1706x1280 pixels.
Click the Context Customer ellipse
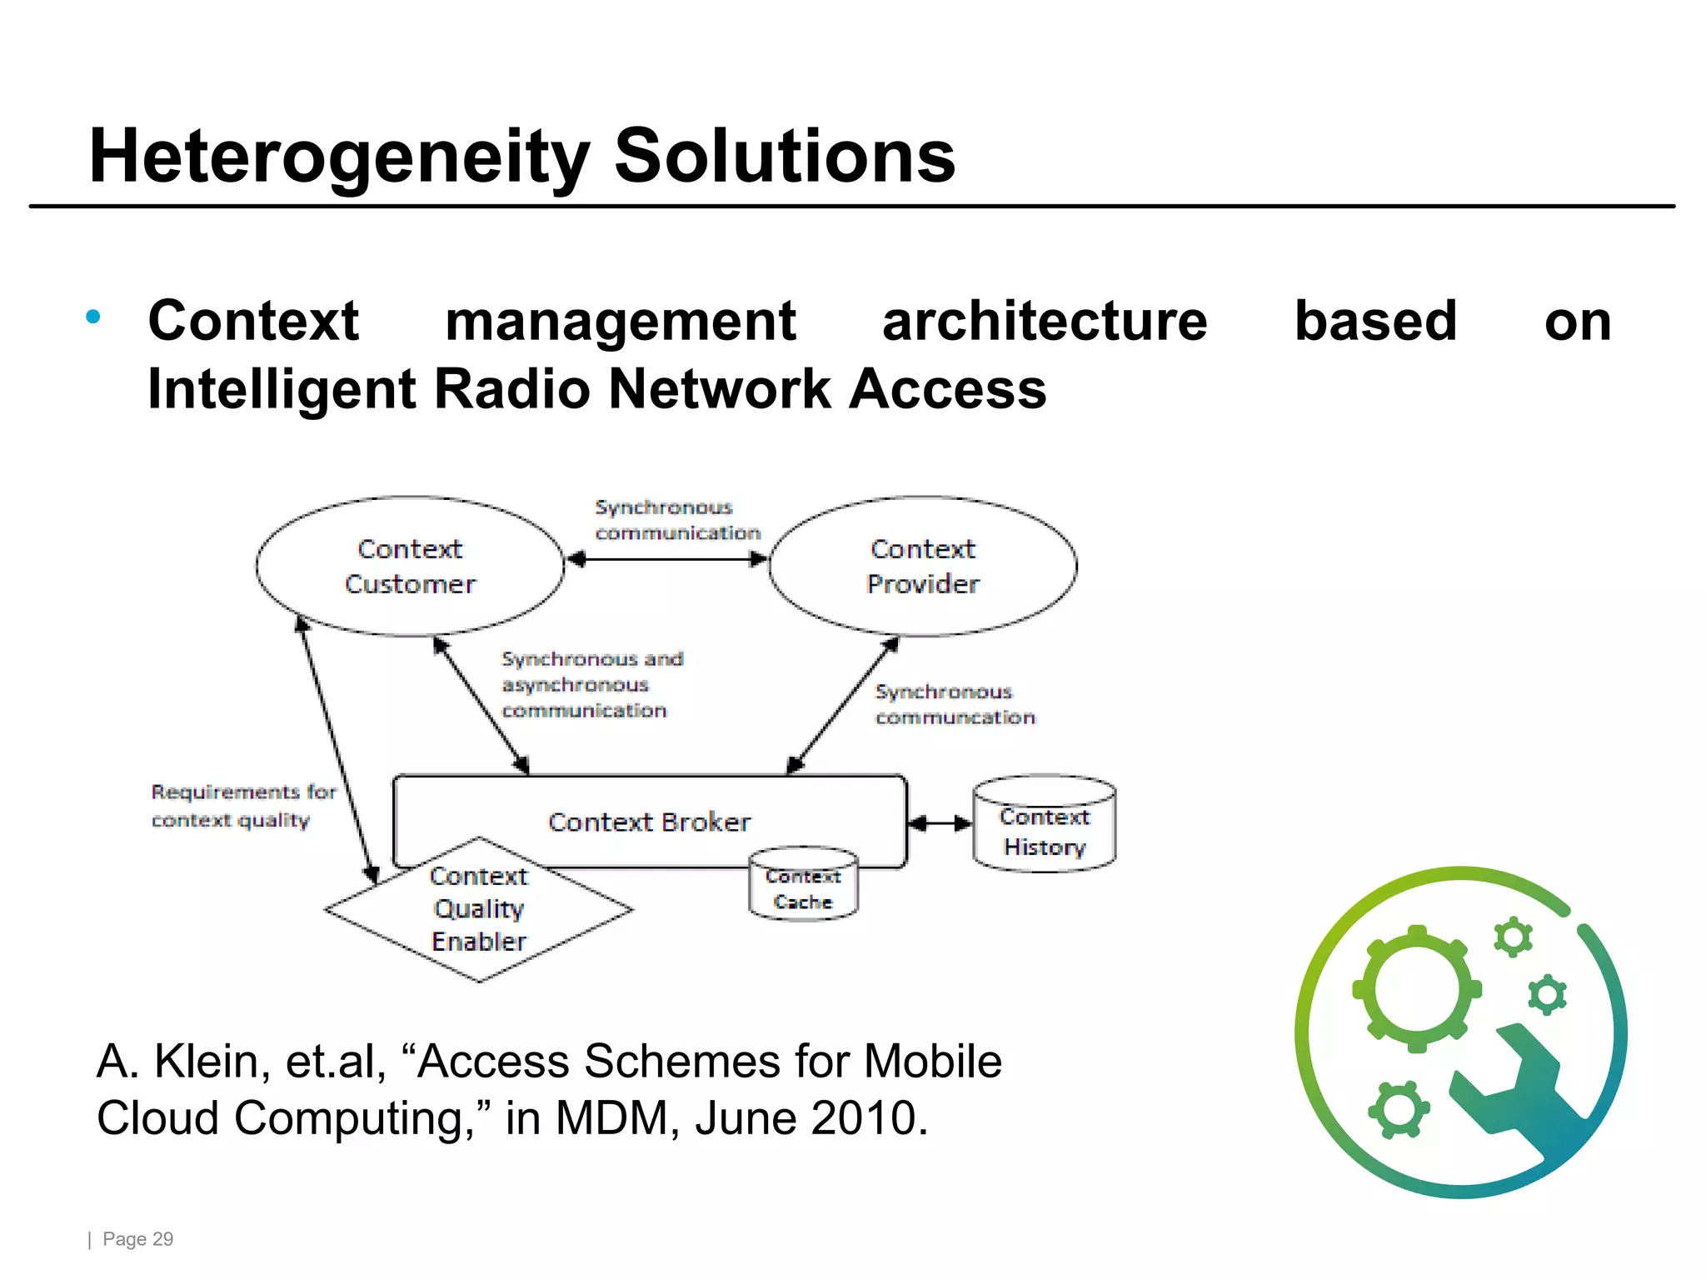[x=410, y=567]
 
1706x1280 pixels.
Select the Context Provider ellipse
[x=922, y=567]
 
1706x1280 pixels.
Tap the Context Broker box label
[x=649, y=822]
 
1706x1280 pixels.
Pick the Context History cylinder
[x=1044, y=825]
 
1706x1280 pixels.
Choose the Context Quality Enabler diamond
[x=479, y=909]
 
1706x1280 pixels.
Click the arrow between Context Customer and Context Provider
[x=666, y=559]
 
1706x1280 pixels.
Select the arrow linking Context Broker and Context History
[x=940, y=823]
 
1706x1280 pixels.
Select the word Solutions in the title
[x=785, y=157]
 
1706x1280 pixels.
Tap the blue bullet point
[x=93, y=317]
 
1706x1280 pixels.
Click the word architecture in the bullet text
[x=1045, y=322]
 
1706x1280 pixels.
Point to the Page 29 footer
[x=137, y=1239]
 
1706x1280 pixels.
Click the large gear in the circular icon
[x=1416, y=989]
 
